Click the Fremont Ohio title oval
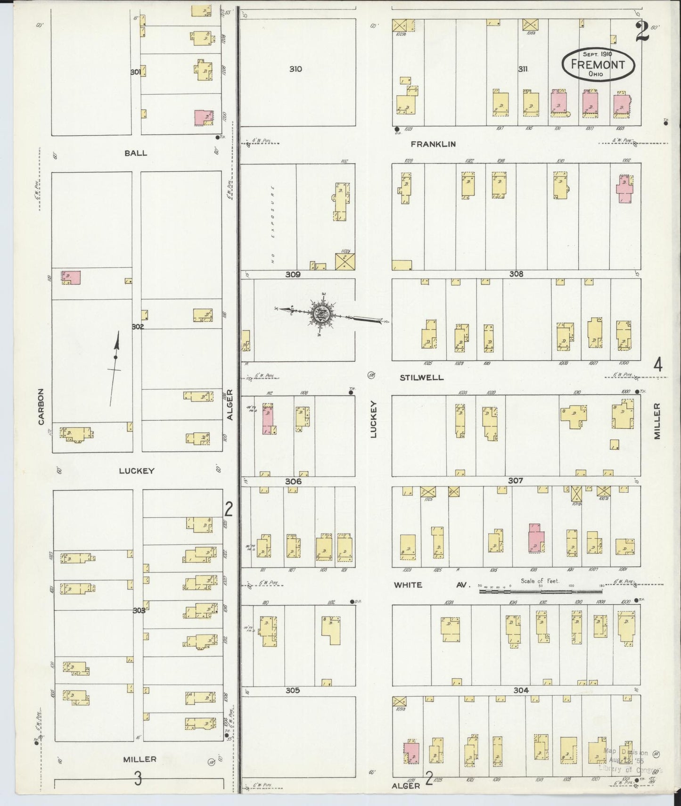[598, 64]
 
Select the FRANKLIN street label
[433, 144]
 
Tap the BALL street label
[136, 153]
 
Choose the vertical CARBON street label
[41, 406]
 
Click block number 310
[295, 69]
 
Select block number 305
[292, 690]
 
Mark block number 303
[139, 610]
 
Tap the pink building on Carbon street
[71, 277]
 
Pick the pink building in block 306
[268, 419]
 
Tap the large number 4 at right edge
[657, 364]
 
